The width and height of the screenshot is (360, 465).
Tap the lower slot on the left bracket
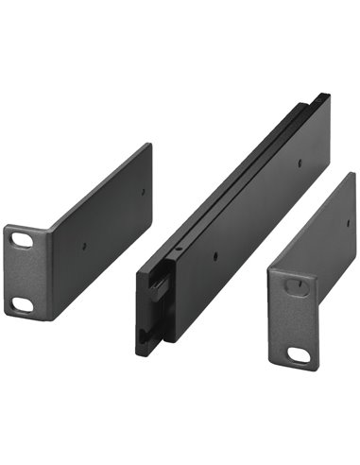click(20, 303)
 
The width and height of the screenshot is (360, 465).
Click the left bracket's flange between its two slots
click(22, 274)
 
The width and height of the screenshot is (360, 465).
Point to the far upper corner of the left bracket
click(149, 144)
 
